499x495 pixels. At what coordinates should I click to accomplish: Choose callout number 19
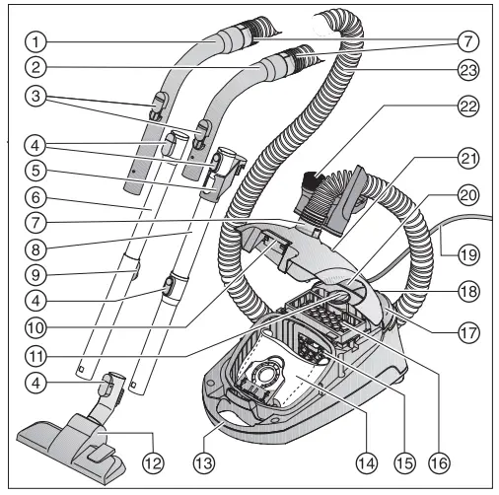(465, 251)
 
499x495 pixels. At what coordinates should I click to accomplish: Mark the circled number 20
(465, 196)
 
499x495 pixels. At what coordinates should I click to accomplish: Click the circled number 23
(465, 70)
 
